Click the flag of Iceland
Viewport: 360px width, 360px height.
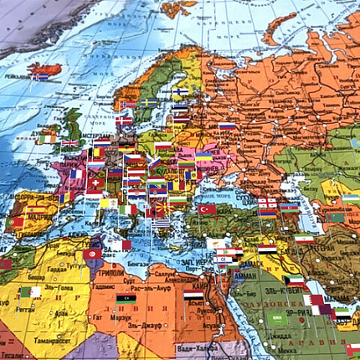click(x=40, y=76)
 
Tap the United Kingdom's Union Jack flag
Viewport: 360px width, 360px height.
click(x=69, y=143)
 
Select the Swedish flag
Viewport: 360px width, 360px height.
click(x=150, y=102)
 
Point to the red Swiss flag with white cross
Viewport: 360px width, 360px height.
click(x=96, y=182)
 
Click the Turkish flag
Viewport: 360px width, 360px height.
click(x=206, y=209)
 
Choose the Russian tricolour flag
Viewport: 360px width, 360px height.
click(x=227, y=126)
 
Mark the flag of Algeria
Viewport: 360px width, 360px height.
click(x=30, y=292)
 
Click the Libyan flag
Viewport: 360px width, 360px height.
click(x=125, y=298)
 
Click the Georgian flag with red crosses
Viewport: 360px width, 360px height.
click(x=267, y=202)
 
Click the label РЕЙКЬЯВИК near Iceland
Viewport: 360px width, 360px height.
click(x=18, y=75)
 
